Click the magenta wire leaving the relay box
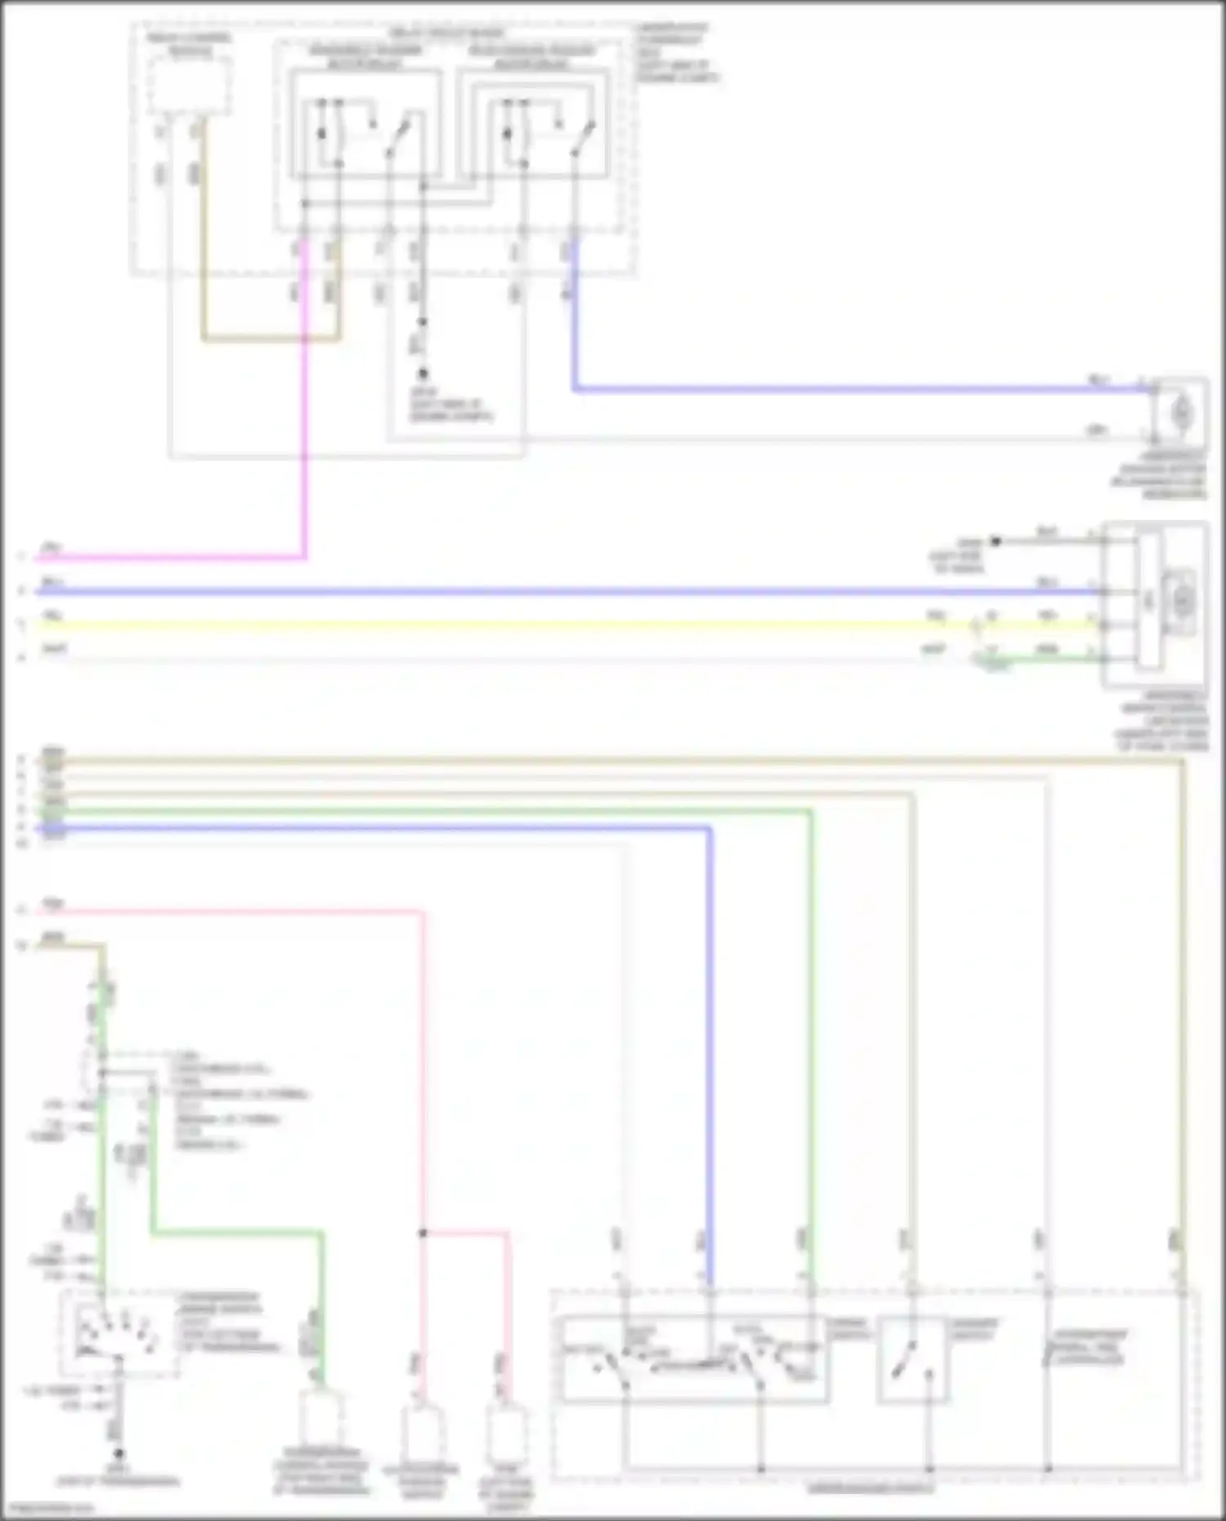(x=305, y=409)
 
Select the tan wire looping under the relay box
(x=270, y=338)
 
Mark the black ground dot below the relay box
(x=423, y=374)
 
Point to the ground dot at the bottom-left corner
(x=119, y=1454)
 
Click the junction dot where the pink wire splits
(x=423, y=1232)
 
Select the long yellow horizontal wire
(x=490, y=625)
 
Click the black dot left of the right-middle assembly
(x=996, y=541)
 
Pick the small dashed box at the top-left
(x=190, y=86)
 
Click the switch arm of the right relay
(x=583, y=139)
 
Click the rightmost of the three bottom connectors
(x=506, y=1434)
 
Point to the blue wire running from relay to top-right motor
(x=817, y=389)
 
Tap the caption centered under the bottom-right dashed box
(x=870, y=1488)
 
